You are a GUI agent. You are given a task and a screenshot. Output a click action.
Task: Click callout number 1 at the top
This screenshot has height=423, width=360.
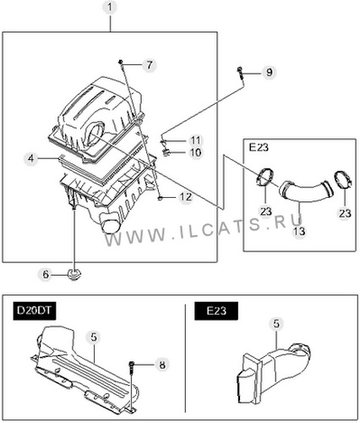110,8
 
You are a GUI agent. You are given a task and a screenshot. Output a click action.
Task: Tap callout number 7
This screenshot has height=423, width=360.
150,65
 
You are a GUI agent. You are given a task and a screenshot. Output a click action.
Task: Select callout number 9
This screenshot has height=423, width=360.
270,72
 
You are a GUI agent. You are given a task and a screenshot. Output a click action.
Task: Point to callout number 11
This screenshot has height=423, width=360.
195,140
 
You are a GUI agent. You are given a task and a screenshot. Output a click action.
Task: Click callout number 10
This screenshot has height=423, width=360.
195,152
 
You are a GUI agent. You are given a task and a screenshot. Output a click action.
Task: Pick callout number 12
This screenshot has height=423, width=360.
186,197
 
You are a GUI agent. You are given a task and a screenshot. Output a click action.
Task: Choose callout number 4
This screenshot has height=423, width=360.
31,158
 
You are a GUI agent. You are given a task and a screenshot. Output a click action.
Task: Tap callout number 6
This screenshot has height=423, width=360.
46,274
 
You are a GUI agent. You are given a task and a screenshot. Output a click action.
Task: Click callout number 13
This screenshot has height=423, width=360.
299,231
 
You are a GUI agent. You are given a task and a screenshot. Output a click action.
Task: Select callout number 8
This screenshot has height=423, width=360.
162,365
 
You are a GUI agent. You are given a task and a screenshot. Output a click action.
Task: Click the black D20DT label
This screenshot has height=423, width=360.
35,310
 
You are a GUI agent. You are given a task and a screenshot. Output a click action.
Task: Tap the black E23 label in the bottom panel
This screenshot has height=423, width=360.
216,310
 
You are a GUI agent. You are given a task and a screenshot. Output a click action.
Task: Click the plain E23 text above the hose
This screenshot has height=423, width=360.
259,147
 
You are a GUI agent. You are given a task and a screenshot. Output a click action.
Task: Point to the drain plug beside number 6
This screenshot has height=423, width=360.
74,274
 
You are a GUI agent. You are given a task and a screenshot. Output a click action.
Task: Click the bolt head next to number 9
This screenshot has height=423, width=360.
240,69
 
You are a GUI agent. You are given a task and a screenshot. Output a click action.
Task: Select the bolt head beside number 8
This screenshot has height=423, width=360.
132,364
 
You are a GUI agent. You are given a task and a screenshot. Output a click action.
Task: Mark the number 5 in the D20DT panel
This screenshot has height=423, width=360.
94,337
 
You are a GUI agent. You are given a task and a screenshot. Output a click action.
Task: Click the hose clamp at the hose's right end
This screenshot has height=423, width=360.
343,180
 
